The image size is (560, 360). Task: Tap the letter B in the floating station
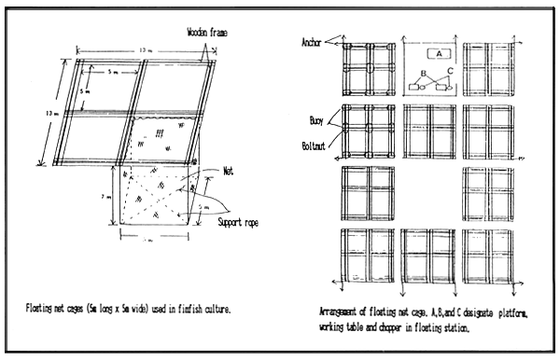pos(423,72)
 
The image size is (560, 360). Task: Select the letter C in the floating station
pos(450,72)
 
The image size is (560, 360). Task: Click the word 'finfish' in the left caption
pos(203,306)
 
